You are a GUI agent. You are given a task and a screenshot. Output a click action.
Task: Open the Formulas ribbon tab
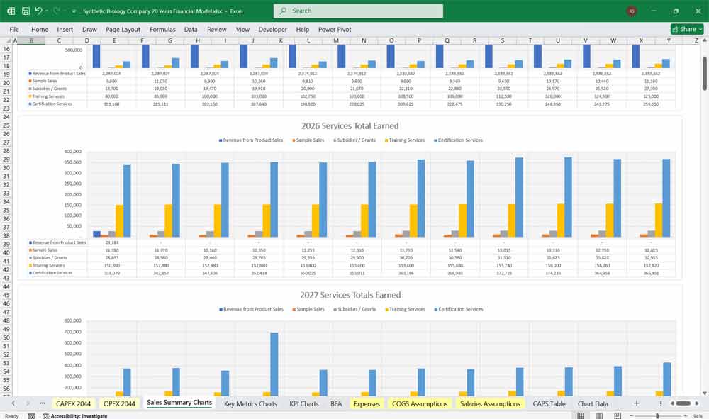[162, 30]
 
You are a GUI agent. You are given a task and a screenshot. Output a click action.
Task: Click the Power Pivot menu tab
[335, 30]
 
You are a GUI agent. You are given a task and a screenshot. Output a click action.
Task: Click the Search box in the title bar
[358, 11]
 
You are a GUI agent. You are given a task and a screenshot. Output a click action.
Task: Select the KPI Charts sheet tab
[304, 403]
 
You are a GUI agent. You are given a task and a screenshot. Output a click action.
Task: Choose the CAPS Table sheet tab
[549, 403]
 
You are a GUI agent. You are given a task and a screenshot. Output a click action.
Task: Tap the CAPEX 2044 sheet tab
[74, 403]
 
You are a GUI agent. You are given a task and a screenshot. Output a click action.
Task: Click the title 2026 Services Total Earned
[350, 126]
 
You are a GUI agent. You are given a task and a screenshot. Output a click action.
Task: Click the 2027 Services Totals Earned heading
[350, 295]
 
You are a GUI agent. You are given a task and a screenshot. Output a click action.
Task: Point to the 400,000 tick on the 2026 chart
[73, 152]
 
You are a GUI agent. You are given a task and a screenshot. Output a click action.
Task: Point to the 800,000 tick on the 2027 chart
[73, 320]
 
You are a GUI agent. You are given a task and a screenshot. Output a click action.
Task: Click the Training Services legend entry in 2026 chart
[406, 140]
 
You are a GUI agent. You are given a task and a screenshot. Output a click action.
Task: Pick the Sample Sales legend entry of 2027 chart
[310, 309]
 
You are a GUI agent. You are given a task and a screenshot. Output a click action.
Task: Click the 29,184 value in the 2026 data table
[112, 242]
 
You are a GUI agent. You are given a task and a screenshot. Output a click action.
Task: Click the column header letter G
[170, 41]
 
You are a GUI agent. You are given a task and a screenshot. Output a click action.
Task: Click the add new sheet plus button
[636, 403]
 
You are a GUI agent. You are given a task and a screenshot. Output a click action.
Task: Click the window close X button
[697, 11]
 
